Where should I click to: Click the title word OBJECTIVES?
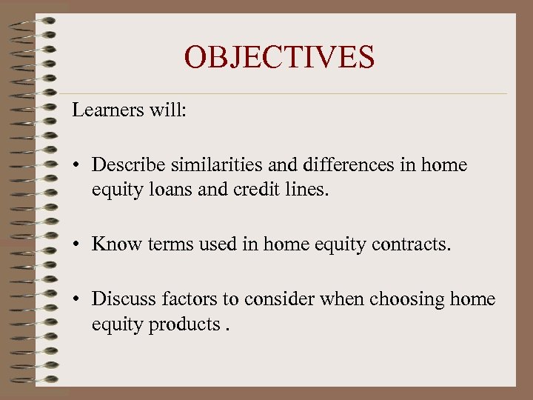(279, 57)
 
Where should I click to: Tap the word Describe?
(126, 165)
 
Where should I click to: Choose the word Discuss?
(121, 299)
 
